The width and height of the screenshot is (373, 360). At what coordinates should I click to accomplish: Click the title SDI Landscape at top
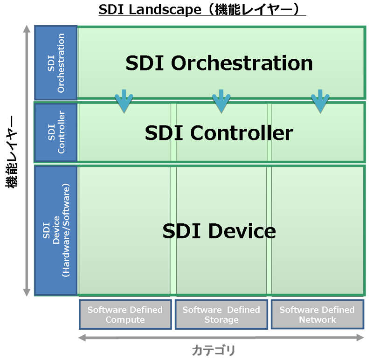(x=202, y=10)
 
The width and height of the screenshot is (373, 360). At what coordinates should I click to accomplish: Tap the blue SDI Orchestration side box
(x=55, y=62)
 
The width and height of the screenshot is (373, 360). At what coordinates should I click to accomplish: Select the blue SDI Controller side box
(x=55, y=132)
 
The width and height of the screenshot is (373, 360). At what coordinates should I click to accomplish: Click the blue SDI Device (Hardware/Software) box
(x=55, y=230)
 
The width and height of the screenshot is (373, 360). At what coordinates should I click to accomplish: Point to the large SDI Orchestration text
(x=219, y=63)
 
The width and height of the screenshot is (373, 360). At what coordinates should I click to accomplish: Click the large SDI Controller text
(x=219, y=133)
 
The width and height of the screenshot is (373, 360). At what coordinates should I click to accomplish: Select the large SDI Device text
(x=219, y=231)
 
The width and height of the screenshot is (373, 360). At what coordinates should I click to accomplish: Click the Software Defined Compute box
(x=125, y=315)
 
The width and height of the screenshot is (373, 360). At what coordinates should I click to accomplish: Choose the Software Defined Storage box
(x=221, y=315)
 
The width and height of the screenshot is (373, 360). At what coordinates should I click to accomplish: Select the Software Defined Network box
(x=317, y=315)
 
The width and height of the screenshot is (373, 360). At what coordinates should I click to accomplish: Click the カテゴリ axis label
(x=214, y=350)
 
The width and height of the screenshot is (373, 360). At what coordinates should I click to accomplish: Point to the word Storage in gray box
(x=221, y=320)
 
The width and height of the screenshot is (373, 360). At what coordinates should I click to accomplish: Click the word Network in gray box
(x=318, y=320)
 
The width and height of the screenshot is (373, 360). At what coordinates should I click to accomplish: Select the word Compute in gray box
(x=125, y=320)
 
